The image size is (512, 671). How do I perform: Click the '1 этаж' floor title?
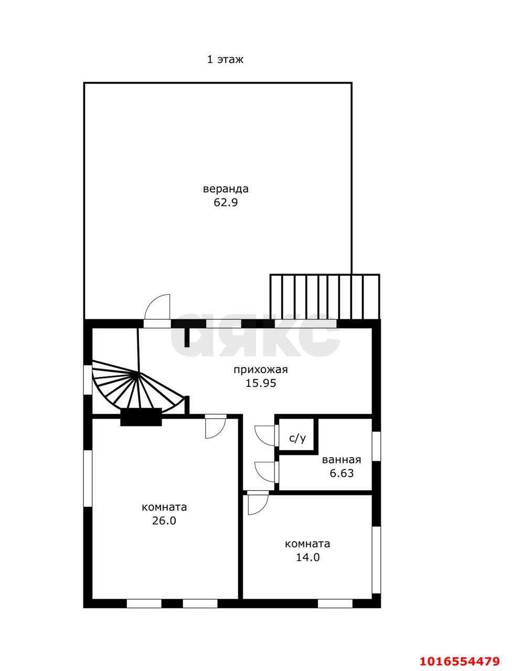(225, 59)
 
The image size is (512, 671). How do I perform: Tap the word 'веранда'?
(226, 189)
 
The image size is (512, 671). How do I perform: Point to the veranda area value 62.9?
(226, 202)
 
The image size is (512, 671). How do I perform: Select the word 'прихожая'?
(261, 370)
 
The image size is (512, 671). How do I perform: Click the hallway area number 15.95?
(261, 383)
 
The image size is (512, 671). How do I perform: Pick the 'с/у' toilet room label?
(297, 439)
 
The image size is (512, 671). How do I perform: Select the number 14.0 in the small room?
(308, 557)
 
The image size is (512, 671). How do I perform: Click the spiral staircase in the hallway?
(138, 386)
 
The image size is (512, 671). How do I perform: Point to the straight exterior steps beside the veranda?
(325, 297)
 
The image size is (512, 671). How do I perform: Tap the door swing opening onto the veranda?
(157, 307)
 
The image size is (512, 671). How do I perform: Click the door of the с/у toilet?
(265, 437)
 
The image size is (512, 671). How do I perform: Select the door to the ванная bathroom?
(265, 472)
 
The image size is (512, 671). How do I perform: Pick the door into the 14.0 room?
(258, 504)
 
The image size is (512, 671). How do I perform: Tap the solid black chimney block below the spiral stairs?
(141, 417)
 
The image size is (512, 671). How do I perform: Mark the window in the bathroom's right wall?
(377, 446)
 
